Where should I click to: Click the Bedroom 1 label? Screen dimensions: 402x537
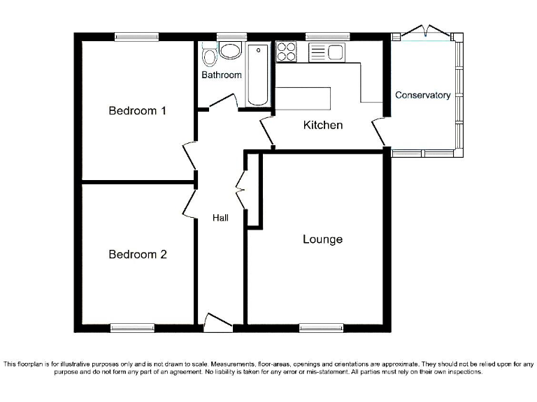click(x=137, y=110)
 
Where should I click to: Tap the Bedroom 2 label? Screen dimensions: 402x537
click(x=137, y=254)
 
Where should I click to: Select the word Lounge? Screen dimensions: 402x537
click(x=322, y=239)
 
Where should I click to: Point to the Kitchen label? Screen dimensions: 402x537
click(x=322, y=126)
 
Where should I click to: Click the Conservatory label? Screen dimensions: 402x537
click(x=422, y=95)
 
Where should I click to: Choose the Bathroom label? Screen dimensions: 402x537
click(x=222, y=75)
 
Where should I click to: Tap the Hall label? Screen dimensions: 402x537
click(x=220, y=218)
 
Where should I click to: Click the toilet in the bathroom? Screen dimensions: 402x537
click(x=208, y=54)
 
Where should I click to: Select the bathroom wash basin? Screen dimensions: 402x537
click(x=229, y=50)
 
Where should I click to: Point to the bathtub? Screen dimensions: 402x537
click(x=258, y=74)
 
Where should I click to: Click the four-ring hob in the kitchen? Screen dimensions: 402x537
click(x=287, y=52)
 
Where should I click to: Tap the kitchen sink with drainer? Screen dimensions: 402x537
click(x=327, y=52)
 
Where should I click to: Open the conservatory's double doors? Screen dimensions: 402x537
click(x=422, y=32)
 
